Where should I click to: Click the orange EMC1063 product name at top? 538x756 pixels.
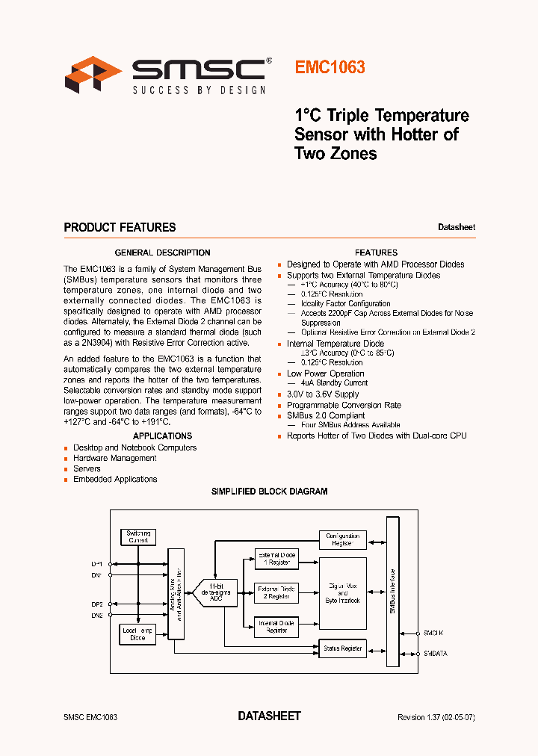tap(330, 67)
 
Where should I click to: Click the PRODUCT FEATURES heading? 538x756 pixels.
tap(120, 227)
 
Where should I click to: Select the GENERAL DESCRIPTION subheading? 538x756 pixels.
tap(162, 252)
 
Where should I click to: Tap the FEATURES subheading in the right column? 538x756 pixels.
tap(376, 252)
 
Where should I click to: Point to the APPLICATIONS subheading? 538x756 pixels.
tap(162, 436)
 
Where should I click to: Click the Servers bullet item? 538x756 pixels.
tap(87, 468)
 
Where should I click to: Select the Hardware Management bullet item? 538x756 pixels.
tap(114, 458)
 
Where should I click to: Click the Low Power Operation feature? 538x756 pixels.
tap(325, 374)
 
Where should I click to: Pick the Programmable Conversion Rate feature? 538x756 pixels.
tap(344, 405)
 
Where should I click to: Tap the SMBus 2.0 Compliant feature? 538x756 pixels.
tap(326, 415)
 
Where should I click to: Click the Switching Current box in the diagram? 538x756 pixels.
tap(138, 536)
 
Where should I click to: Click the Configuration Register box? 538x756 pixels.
tap(342, 539)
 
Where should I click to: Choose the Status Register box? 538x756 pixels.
tap(342, 648)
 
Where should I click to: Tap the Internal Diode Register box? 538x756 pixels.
tap(276, 627)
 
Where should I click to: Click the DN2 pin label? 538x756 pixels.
tap(98, 615)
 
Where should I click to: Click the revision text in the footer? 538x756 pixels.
tap(436, 717)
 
